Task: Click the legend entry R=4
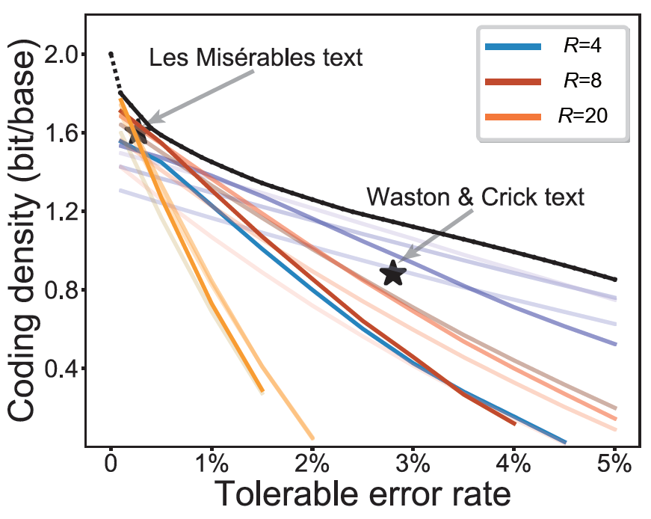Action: click(581, 46)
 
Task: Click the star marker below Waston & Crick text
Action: click(393, 274)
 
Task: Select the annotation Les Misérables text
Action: click(256, 58)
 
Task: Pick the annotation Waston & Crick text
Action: click(475, 197)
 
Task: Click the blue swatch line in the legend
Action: click(513, 46)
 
